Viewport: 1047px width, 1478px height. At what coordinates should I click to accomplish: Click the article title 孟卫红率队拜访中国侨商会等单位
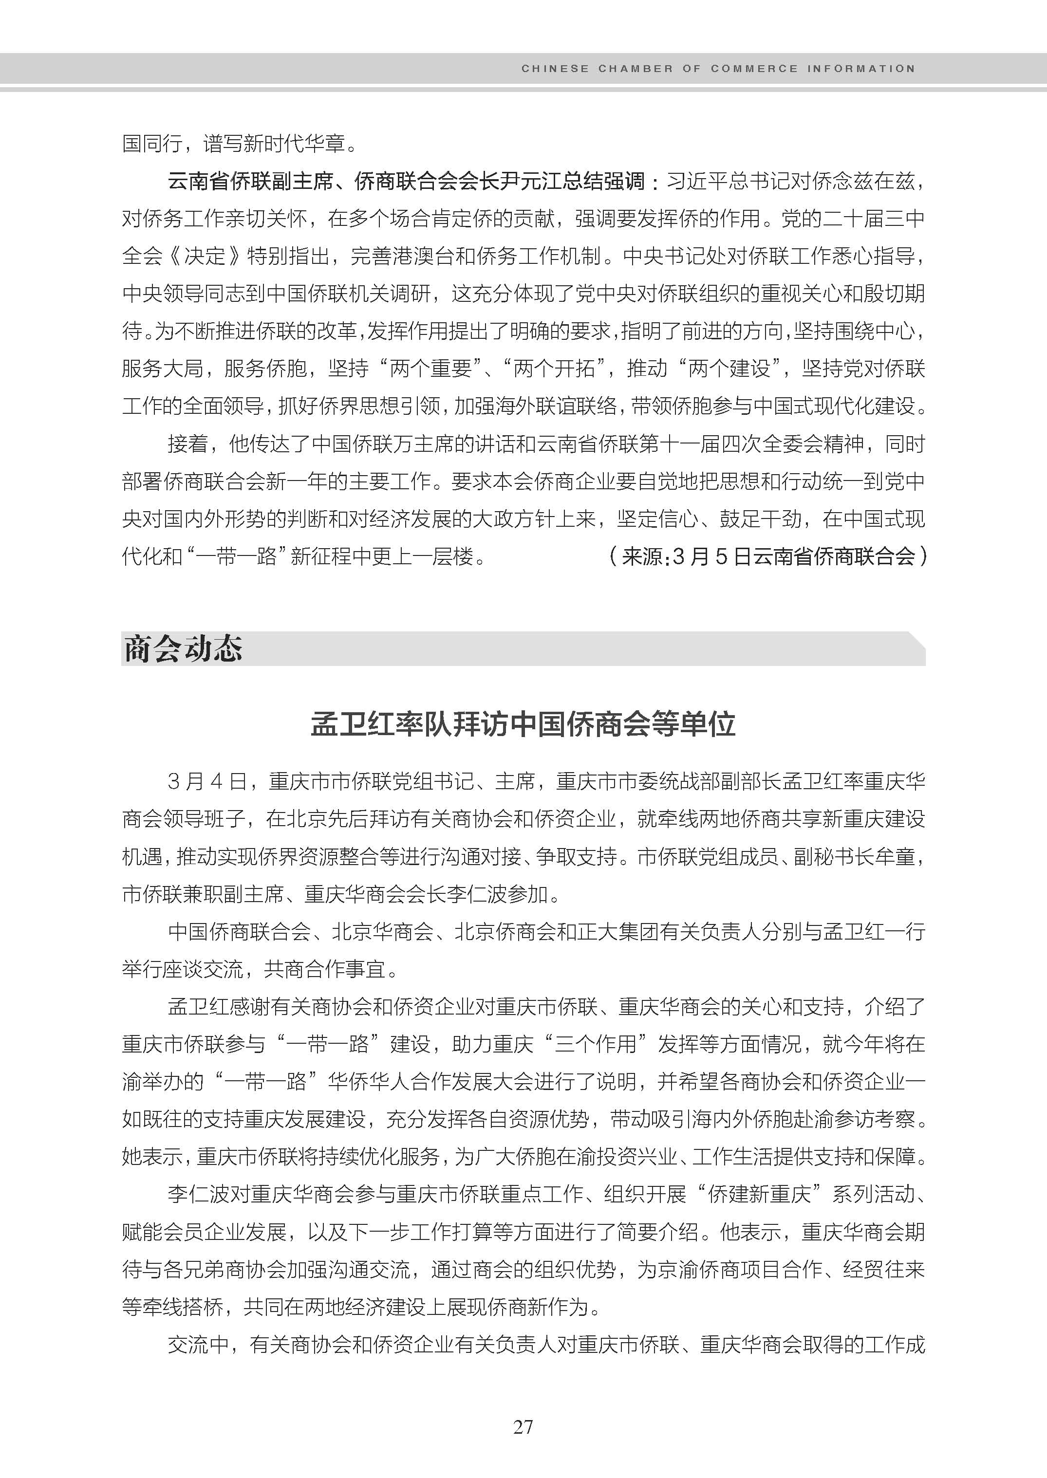523,724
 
